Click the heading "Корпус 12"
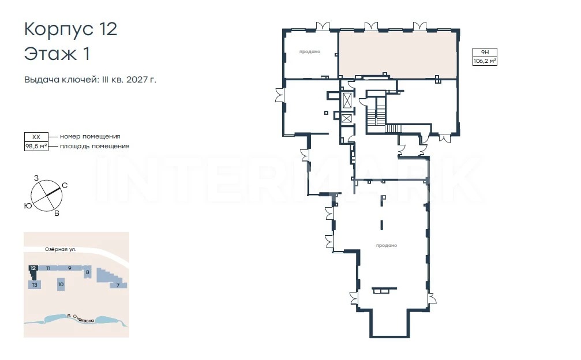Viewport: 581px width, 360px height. [70, 29]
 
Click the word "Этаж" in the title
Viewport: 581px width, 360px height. [50, 54]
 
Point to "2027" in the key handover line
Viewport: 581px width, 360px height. [137, 80]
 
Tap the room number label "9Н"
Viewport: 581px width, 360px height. [485, 52]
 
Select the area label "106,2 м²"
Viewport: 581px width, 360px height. [485, 61]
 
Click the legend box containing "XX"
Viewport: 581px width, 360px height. [36, 137]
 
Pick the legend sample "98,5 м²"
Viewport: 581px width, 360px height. [36, 147]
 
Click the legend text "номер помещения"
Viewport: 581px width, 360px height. [90, 136]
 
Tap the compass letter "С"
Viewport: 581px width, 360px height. [65, 186]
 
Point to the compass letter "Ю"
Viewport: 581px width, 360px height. [28, 206]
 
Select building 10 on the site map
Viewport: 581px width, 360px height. [61, 284]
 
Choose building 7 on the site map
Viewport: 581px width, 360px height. [118, 285]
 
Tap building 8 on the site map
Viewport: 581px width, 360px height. [88, 272]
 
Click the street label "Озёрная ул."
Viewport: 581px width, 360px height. [61, 249]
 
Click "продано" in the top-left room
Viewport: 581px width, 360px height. [310, 52]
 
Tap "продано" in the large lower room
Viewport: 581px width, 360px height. [387, 246]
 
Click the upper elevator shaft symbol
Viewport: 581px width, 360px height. [347, 100]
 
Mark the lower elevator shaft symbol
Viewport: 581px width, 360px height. [346, 118]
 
